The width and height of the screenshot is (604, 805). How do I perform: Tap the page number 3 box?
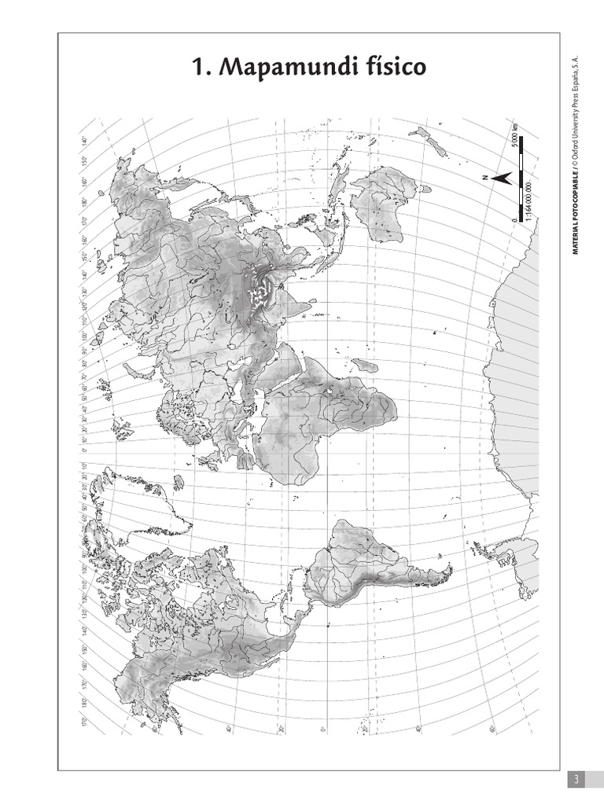[576, 779]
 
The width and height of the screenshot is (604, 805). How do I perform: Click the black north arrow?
[502, 178]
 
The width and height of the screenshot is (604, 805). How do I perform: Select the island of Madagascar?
[363, 366]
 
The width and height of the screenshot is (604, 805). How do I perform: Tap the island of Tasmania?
[425, 189]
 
